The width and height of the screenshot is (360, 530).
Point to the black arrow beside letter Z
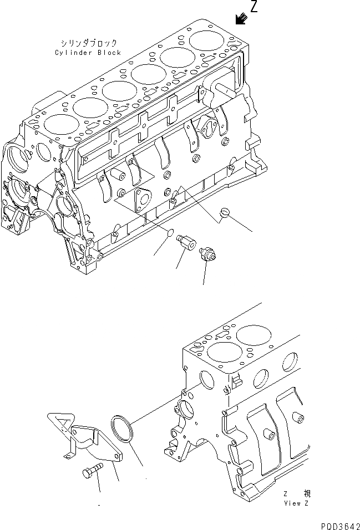pos(240,19)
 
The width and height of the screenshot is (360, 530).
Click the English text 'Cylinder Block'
pos(88,53)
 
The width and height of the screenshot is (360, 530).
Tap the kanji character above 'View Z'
pos(307,493)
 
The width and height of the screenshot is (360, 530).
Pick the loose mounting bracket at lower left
pos(83,438)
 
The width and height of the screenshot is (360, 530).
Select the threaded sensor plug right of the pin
pos(208,254)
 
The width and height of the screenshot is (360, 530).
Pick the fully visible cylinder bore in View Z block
pos(247,339)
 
